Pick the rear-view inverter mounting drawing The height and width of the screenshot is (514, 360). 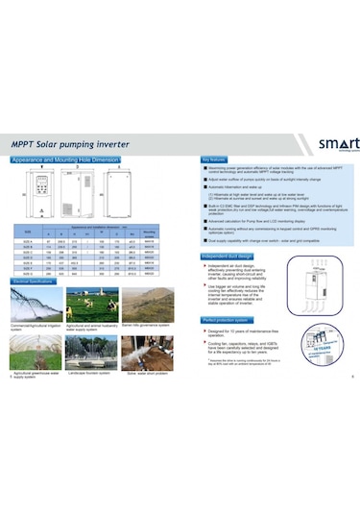146,196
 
